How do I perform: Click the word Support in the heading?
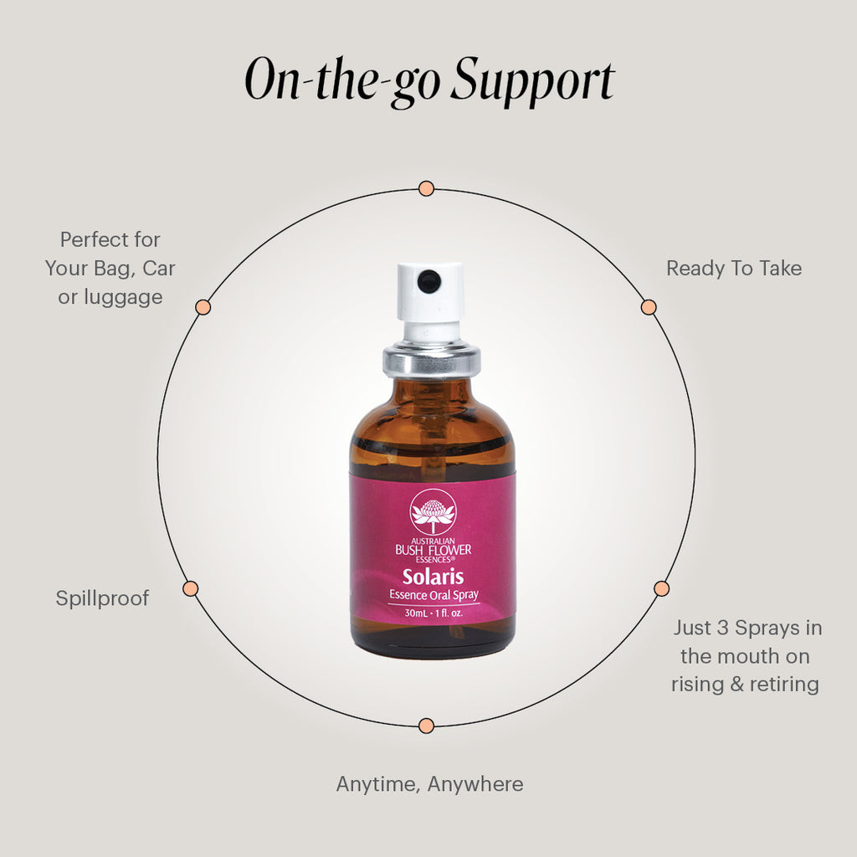tap(532, 82)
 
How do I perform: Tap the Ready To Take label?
tap(733, 269)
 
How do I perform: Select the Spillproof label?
tap(102, 598)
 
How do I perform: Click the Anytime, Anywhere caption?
tap(429, 784)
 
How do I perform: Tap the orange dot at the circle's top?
tap(426, 188)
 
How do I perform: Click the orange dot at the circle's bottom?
tap(426, 725)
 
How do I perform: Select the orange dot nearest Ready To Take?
tap(649, 307)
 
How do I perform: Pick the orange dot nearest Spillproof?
tap(190, 588)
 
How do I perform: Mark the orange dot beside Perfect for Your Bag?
tap(203, 307)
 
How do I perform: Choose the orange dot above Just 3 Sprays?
tap(661, 588)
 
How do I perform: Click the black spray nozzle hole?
tap(429, 281)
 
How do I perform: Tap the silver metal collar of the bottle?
tap(431, 359)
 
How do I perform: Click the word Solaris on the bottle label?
tap(432, 577)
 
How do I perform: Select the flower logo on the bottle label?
tap(432, 513)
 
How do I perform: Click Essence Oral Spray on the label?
tap(432, 595)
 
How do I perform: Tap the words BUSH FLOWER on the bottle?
tap(432, 550)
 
